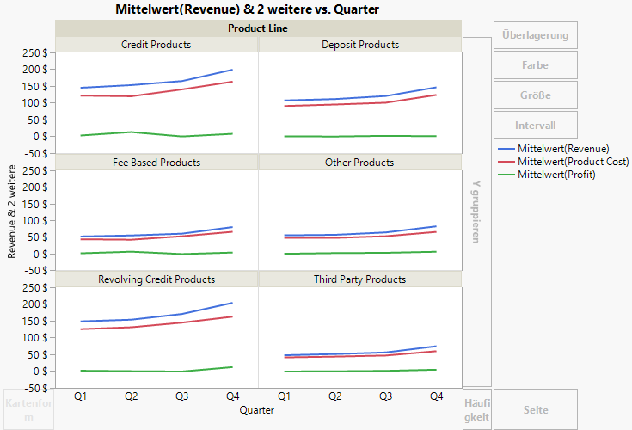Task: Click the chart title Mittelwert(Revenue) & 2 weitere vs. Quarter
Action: click(x=247, y=9)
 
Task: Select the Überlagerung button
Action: click(x=535, y=35)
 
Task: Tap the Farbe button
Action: click(x=535, y=65)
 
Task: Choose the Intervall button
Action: click(x=535, y=126)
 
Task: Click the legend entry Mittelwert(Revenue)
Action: click(x=563, y=149)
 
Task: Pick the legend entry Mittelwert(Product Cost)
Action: click(x=573, y=162)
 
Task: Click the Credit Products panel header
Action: click(x=156, y=45)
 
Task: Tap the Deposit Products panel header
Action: click(x=360, y=45)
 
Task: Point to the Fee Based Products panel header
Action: click(x=156, y=163)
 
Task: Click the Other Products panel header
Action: click(x=360, y=163)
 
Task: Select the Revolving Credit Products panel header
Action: click(x=156, y=279)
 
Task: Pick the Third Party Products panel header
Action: click(x=360, y=279)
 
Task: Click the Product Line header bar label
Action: click(x=258, y=28)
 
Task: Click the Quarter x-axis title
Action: click(x=258, y=411)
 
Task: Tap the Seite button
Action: click(x=535, y=410)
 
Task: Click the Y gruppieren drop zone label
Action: click(x=476, y=212)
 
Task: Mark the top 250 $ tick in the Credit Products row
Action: click(x=35, y=52)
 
